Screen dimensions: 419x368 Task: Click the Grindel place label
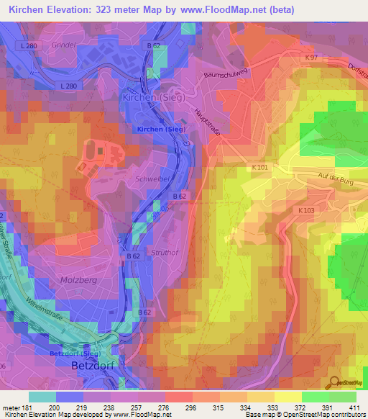(63, 45)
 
